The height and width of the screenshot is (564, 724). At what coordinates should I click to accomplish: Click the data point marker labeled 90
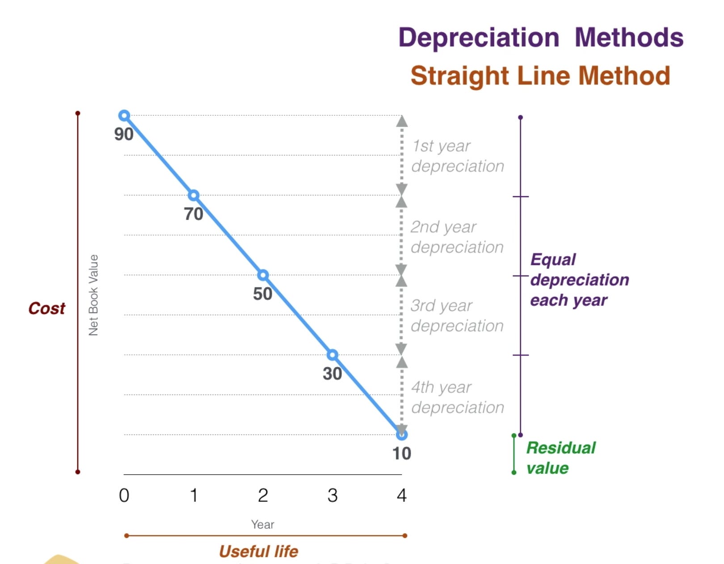click(124, 116)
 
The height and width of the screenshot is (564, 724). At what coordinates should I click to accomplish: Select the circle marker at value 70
click(194, 195)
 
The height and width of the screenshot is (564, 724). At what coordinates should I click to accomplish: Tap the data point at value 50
click(263, 275)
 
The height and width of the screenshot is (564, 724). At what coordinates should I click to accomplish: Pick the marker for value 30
click(332, 355)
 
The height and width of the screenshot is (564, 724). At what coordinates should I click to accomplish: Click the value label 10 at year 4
click(401, 453)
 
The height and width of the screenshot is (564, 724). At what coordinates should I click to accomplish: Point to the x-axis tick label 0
click(124, 495)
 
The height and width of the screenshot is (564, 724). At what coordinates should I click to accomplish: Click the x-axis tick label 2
click(263, 495)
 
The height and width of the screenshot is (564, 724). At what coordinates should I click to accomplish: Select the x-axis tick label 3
click(332, 495)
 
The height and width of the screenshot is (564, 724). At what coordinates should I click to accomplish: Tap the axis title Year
click(262, 524)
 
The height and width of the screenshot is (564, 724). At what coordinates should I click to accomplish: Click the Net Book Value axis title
click(93, 295)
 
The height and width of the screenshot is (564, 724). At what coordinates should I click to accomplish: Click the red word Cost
click(46, 308)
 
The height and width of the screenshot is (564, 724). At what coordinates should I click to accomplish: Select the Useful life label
click(258, 551)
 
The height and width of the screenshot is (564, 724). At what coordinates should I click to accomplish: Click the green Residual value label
click(560, 458)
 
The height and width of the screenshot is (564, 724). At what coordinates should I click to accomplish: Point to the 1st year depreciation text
click(457, 156)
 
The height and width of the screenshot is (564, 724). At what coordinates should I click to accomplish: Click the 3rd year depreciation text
click(457, 316)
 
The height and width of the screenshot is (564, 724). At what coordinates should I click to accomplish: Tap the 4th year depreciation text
click(457, 397)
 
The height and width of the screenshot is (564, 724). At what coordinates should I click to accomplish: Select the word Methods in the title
click(628, 37)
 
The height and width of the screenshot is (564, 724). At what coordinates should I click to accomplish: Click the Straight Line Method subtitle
click(540, 76)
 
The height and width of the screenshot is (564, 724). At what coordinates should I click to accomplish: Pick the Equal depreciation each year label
click(579, 280)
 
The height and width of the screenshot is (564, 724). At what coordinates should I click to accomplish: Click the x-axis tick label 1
click(194, 495)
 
